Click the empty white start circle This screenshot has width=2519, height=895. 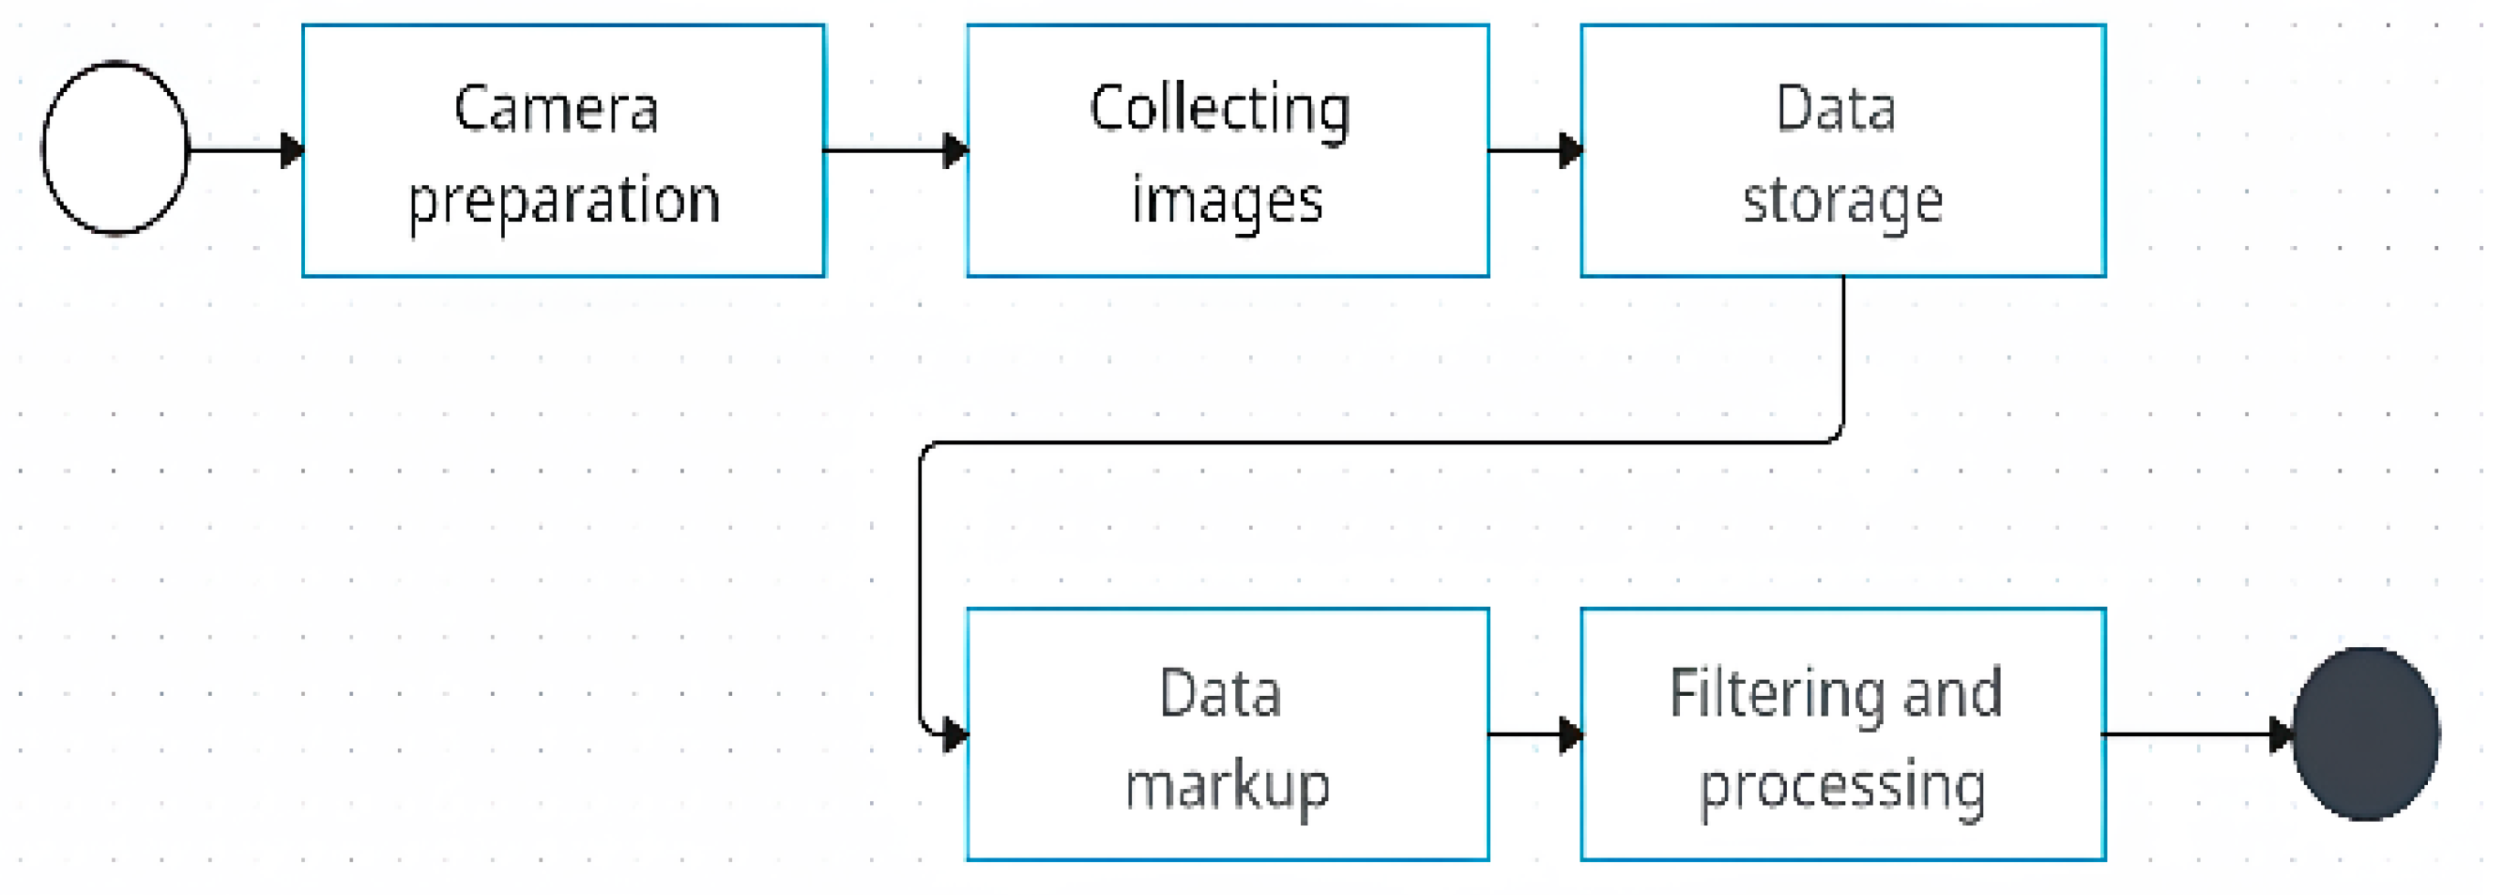click(115, 148)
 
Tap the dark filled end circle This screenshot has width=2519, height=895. click(2364, 733)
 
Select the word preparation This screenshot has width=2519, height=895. click(564, 201)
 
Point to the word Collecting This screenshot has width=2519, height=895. click(1219, 110)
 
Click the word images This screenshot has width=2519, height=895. click(1228, 201)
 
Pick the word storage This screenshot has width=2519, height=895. click(1842, 201)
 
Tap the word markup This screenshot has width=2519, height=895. click(1228, 785)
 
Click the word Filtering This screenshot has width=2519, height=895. click(1775, 694)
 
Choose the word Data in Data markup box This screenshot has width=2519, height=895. click(1219, 693)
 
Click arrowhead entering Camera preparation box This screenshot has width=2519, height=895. click(291, 150)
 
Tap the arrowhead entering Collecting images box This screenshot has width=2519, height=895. click(954, 150)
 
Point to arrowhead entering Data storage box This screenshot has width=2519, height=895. click(1569, 150)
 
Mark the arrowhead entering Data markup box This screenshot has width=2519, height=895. click(954, 733)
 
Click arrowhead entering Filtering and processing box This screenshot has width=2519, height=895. click(1569, 733)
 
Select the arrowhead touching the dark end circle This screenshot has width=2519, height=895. click(2282, 733)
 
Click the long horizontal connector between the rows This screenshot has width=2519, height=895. click(1379, 442)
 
